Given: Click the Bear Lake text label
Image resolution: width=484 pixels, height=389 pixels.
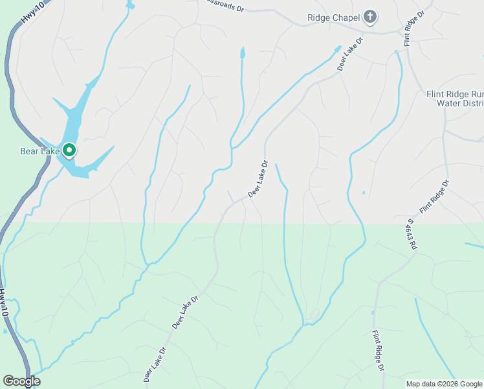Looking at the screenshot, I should pos(39,152).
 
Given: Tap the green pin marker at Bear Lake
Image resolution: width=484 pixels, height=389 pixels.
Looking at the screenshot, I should pos(69,151).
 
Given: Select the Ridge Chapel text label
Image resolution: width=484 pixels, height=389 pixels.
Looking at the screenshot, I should pos(333,18).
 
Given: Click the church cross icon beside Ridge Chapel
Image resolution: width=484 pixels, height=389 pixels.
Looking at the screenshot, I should pos(369,17).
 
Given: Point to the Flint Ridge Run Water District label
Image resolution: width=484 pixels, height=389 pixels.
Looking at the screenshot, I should pos(455,98).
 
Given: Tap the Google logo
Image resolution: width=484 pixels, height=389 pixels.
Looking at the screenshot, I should pos(21,381).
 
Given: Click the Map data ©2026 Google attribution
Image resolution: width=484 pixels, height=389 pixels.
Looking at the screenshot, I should pos(444,384).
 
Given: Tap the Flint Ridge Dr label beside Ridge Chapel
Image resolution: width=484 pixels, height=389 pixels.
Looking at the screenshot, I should pos(413,28).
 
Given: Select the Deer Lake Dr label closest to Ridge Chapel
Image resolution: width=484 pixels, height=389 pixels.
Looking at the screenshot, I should pos(350,53).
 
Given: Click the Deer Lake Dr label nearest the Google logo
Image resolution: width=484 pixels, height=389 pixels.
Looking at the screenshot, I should pos(155,364).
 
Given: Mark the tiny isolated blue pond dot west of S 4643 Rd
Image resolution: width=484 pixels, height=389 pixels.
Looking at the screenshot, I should pos(364,193).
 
